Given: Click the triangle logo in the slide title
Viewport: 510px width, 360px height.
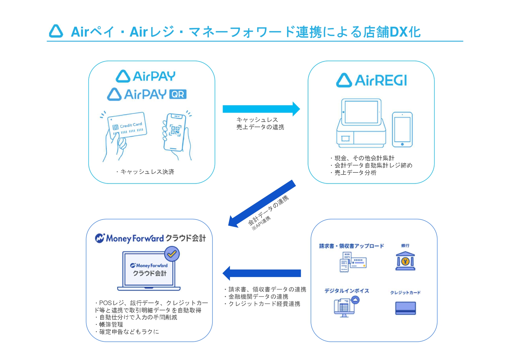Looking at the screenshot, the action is [56, 31].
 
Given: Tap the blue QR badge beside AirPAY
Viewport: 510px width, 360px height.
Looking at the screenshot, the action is [178, 94].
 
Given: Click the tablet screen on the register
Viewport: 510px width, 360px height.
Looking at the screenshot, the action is [361, 112].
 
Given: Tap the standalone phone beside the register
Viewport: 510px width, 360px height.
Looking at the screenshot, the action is [402, 129].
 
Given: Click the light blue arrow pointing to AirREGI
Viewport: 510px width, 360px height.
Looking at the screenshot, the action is [261, 109].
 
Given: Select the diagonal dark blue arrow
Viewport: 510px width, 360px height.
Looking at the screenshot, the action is [262, 204].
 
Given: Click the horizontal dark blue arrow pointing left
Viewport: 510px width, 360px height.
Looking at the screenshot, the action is [262, 273].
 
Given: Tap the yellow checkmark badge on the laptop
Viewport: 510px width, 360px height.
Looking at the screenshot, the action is [172, 254].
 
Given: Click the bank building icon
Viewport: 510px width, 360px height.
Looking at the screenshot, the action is [405, 261].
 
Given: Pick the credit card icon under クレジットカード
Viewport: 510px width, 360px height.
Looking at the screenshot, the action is [405, 308].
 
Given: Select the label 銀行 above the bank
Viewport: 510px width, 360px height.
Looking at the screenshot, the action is [405, 246].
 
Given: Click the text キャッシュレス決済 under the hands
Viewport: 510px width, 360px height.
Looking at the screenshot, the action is [147, 172].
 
